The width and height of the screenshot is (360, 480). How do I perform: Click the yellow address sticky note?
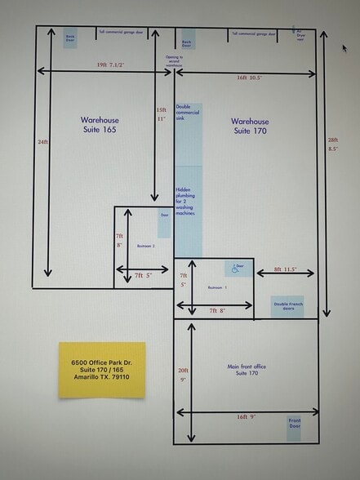point(100,369)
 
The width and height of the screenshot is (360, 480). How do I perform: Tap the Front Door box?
point(294,428)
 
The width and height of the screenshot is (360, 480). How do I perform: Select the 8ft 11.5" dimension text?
point(290,269)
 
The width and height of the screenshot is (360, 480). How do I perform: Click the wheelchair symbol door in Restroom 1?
point(238,267)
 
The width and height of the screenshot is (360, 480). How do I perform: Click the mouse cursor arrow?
point(344,47)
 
